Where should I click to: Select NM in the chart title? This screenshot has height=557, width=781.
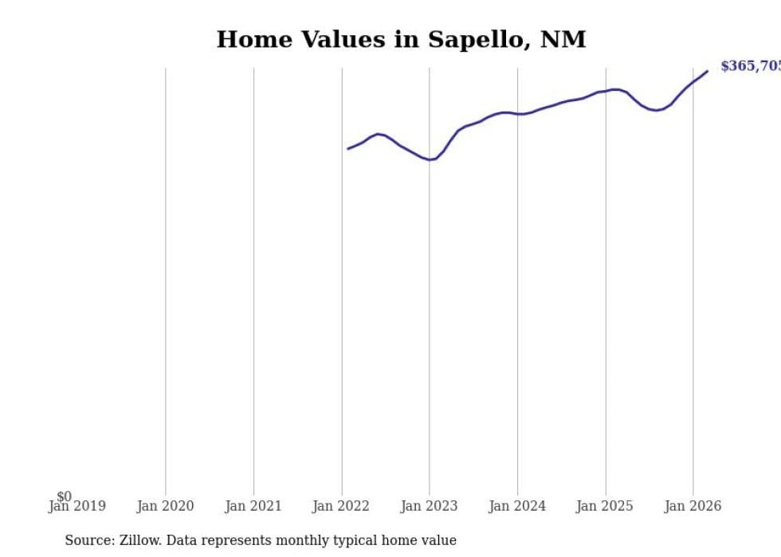(x=563, y=40)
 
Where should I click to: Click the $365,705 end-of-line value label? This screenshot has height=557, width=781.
(x=749, y=66)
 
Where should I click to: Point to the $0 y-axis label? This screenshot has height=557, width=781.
(x=64, y=496)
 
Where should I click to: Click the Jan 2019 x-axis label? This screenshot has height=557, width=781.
(x=77, y=506)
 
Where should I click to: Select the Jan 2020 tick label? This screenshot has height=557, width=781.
(x=165, y=506)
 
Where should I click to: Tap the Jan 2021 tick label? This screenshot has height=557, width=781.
(x=253, y=506)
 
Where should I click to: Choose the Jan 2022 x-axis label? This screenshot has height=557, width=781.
(x=341, y=506)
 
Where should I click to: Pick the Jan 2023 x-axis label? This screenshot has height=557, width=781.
(x=429, y=506)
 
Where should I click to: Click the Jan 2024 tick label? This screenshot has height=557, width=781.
(x=517, y=506)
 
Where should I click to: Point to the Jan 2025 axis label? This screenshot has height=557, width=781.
(x=605, y=506)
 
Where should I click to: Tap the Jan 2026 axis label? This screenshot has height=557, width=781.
(x=693, y=506)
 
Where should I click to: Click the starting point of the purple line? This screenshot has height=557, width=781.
(x=348, y=148)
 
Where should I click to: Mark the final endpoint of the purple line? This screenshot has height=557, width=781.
(x=707, y=72)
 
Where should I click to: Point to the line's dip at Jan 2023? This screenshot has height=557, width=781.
(x=430, y=159)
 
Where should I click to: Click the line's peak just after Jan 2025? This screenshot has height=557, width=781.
(x=613, y=89)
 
